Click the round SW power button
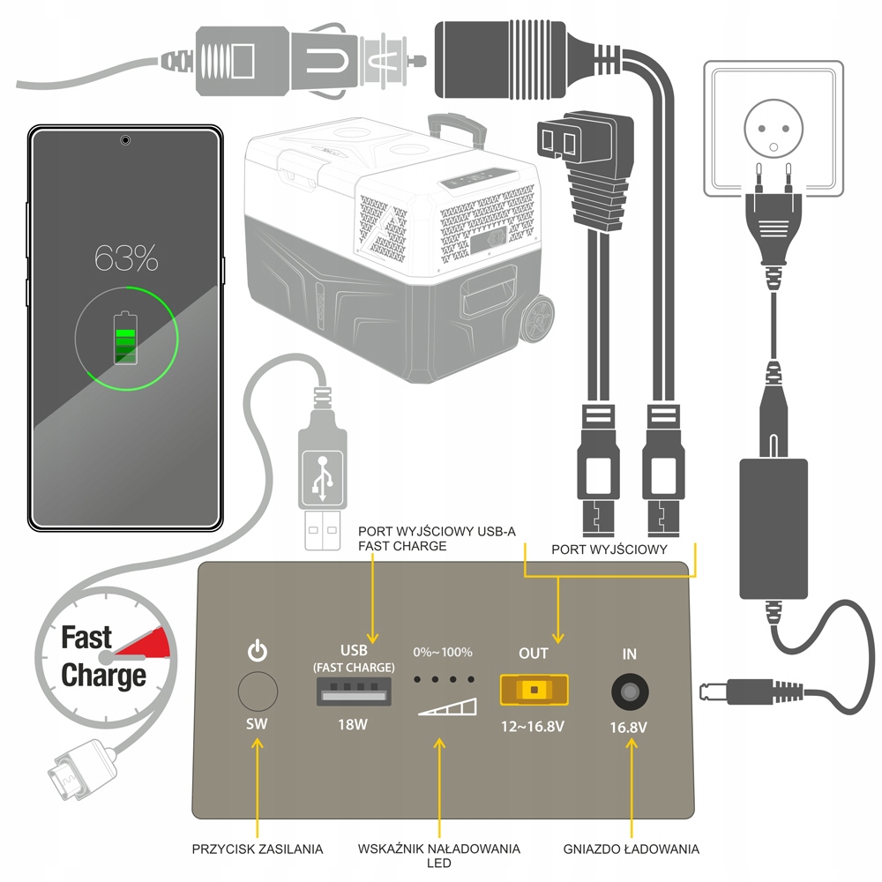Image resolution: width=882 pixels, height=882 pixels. coord(256,691)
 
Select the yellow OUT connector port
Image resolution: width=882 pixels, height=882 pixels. coord(534,691)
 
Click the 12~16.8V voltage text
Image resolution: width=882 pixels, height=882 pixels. coord(534,729)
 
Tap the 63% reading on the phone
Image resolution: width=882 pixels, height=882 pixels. coord(127,259)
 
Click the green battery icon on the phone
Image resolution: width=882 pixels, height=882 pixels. coord(126,337)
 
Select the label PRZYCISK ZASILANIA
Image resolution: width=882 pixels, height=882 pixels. coord(258,849)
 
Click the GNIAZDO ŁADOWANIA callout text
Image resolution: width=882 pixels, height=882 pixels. coord(632,849)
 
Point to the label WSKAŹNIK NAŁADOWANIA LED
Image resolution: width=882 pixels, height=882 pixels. coord(438,855)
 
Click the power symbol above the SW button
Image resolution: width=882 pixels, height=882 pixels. coord(256,653)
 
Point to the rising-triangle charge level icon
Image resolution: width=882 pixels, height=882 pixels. coord(447,707)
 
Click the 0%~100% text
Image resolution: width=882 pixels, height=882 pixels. coord(443,653)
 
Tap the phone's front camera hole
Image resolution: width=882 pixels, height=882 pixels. coord(125,139)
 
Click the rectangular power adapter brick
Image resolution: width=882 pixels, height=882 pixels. coord(774,527)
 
